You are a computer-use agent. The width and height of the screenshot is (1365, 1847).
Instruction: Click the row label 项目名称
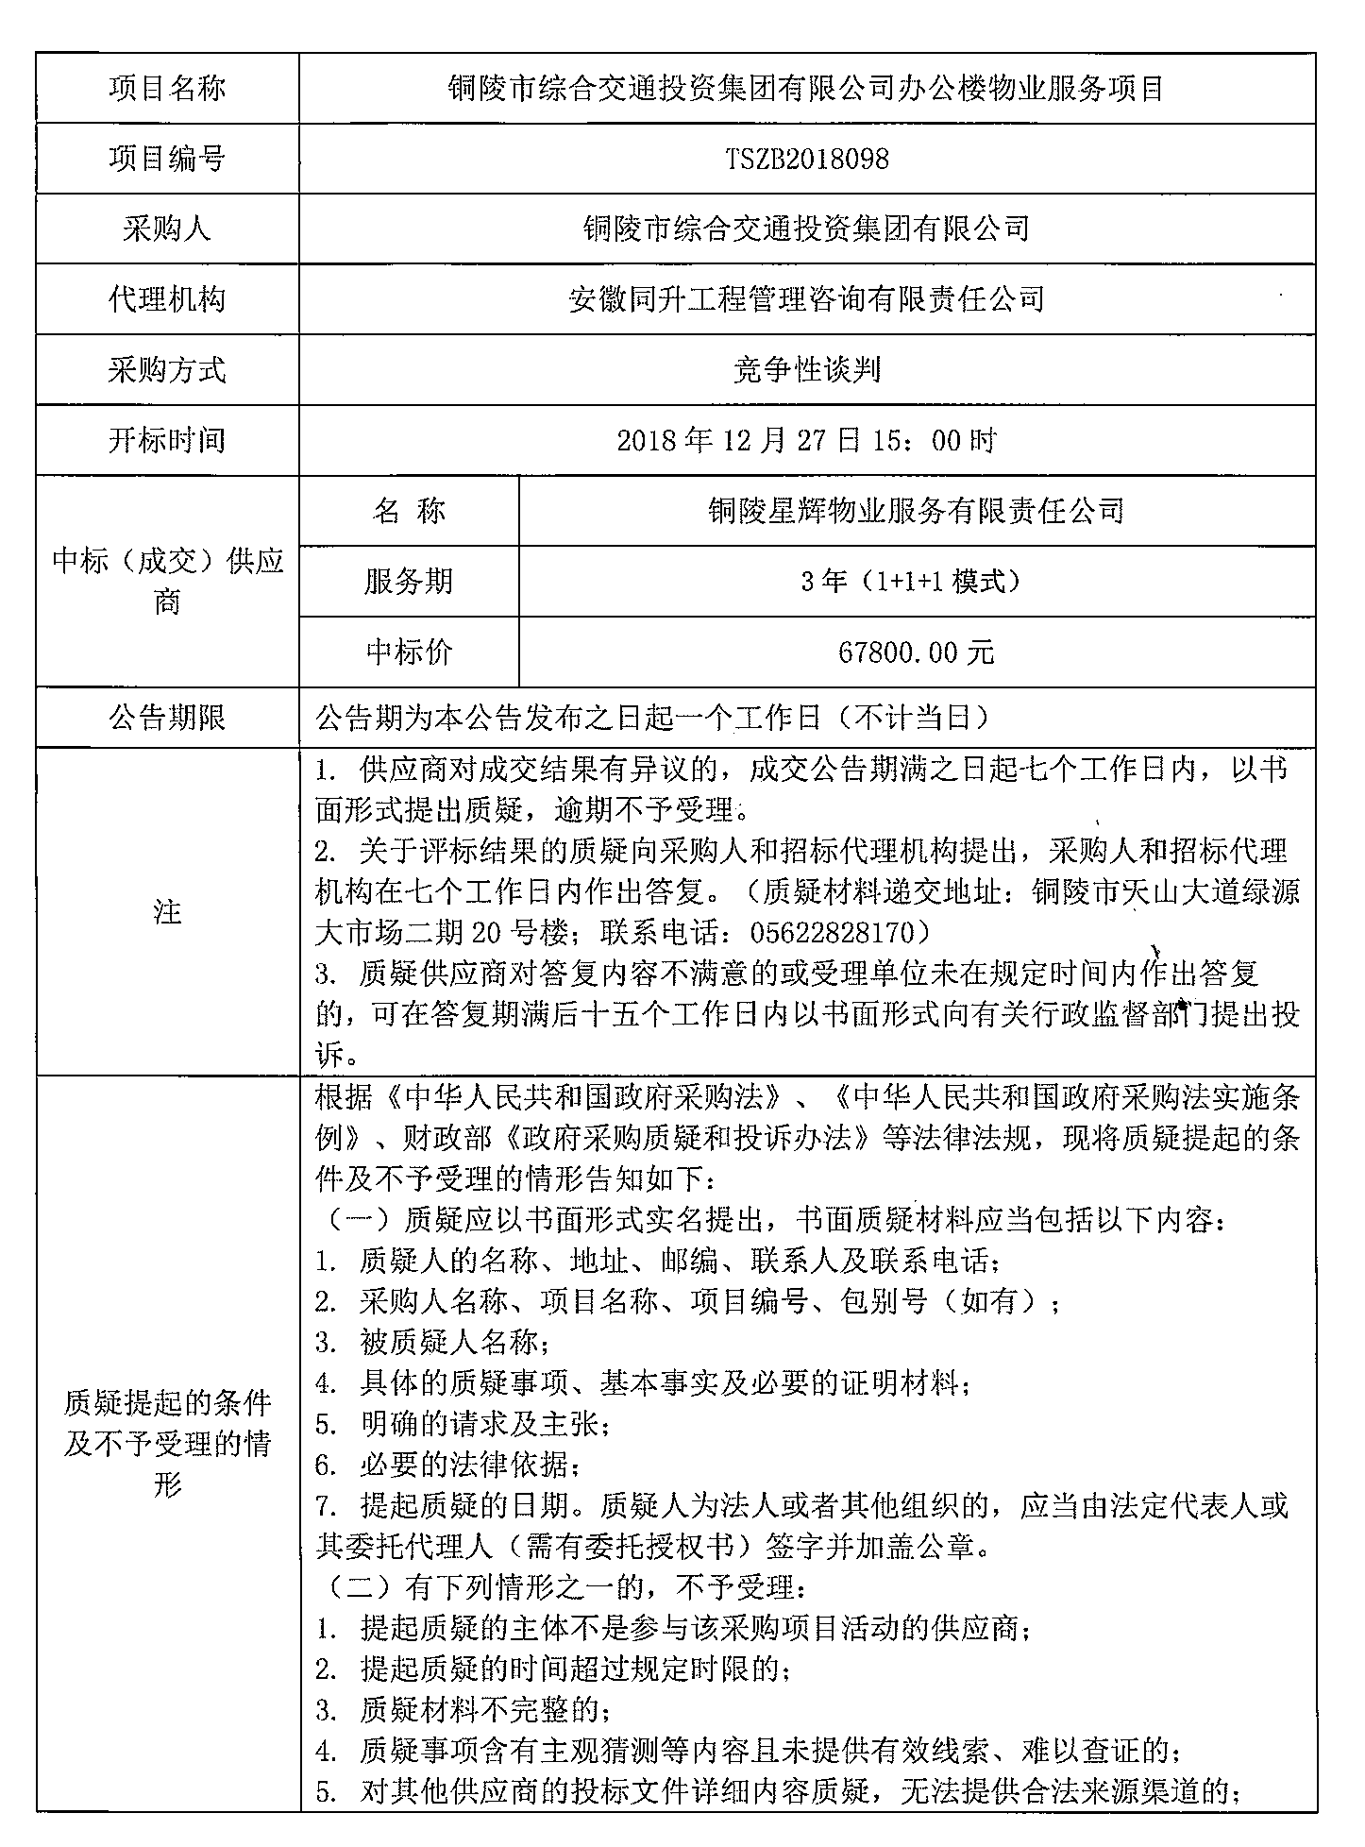click(x=167, y=88)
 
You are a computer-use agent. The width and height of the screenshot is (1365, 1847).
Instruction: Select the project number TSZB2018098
click(x=806, y=159)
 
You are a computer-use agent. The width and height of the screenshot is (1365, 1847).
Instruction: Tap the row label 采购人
click(x=167, y=229)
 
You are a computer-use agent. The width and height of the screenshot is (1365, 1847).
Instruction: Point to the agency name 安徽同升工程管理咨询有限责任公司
click(x=806, y=299)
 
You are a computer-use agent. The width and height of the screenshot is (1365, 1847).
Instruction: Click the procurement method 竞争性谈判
click(x=806, y=370)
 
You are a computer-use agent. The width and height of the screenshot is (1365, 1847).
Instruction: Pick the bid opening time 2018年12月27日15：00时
click(x=806, y=440)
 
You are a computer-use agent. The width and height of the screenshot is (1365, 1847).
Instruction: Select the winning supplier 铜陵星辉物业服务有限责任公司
click(x=916, y=511)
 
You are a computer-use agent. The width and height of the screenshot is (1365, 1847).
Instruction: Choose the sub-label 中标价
click(x=409, y=652)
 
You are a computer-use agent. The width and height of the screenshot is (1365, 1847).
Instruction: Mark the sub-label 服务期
click(x=409, y=581)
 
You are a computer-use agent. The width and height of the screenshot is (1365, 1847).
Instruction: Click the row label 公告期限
click(x=167, y=719)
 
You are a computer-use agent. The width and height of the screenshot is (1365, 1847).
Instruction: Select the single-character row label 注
click(x=167, y=911)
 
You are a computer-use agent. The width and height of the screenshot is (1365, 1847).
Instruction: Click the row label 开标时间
click(x=167, y=440)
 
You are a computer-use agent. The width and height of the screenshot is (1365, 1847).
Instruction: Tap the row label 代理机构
click(x=167, y=299)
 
